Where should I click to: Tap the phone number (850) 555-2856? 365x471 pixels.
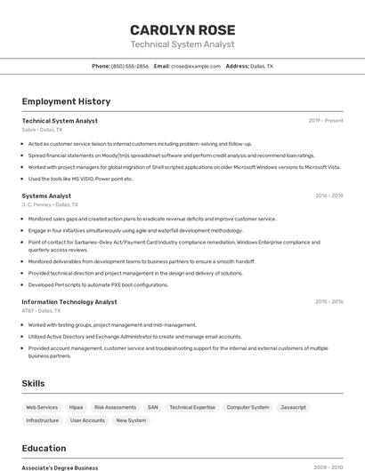point(130,66)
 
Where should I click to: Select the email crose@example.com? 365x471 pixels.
point(195,66)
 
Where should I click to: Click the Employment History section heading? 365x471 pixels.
point(66,101)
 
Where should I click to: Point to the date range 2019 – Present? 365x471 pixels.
point(325,121)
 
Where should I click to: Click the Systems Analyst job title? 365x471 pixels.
point(46,196)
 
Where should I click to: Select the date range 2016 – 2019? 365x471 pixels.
point(328,196)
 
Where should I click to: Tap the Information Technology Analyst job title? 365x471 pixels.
point(69,302)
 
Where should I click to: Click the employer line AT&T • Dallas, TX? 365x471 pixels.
point(42,311)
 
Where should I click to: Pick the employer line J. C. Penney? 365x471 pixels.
point(50,204)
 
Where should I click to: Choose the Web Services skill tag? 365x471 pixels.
point(42,407)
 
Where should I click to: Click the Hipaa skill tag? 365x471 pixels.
point(76,407)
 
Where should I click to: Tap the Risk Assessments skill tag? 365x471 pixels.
point(115,407)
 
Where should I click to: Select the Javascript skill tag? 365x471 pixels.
point(293,407)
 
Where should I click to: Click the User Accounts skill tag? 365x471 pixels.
point(87,420)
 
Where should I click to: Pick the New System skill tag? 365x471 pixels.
point(131,420)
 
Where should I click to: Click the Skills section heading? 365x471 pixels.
point(34,383)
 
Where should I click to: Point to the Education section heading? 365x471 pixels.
point(44,448)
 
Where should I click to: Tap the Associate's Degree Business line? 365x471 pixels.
point(60,467)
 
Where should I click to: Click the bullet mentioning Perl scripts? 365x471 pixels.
point(98,285)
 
